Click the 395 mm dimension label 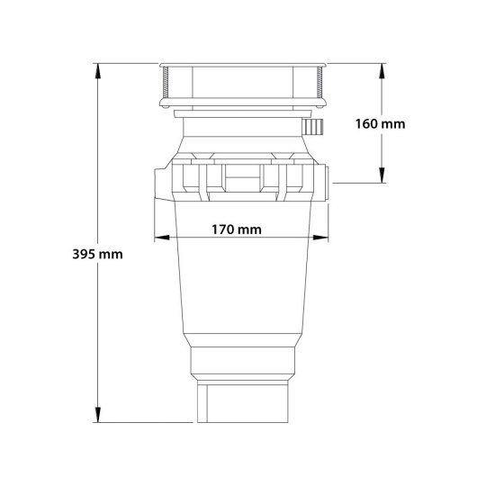coord(97,254)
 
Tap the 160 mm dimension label coord(381,124)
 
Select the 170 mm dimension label coord(237,229)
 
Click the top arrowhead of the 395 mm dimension coord(98,71)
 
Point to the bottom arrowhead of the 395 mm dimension coord(98,415)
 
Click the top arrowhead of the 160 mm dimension coord(382,71)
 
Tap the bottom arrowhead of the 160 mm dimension coord(382,175)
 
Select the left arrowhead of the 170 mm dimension coord(162,238)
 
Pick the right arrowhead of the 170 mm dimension coord(320,238)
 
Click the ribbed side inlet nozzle coord(313,127)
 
